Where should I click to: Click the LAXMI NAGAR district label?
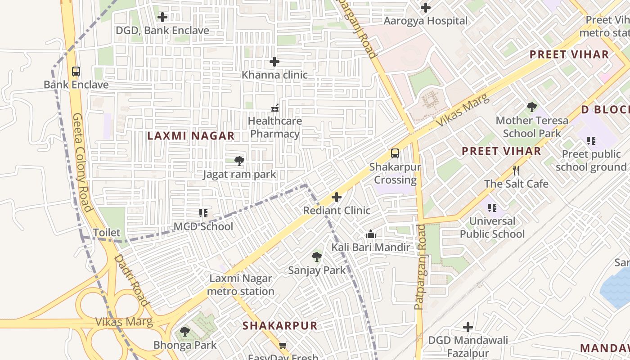tap(191, 135)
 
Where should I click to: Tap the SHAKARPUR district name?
tap(280, 325)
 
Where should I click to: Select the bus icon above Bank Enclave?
tap(76, 71)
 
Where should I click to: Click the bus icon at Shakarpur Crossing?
tap(395, 153)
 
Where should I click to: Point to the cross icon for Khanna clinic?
tap(274, 62)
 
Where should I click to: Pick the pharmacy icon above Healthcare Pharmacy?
tap(274, 108)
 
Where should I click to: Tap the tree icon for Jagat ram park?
tap(239, 161)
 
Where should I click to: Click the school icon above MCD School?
tap(203, 213)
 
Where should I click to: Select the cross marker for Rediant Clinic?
tap(337, 197)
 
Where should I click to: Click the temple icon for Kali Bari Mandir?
tap(371, 234)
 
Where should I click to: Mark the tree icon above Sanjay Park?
tap(317, 257)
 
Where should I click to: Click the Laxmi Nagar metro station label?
tap(241, 285)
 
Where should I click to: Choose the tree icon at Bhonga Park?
tap(184, 332)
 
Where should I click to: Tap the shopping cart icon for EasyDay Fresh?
tap(283, 346)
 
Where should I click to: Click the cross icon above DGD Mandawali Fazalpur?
tap(468, 327)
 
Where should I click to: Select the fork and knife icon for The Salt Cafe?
tap(516, 171)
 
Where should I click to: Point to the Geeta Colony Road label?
tap(82, 162)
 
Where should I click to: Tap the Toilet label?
tap(107, 233)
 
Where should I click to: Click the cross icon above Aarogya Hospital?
tap(426, 8)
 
